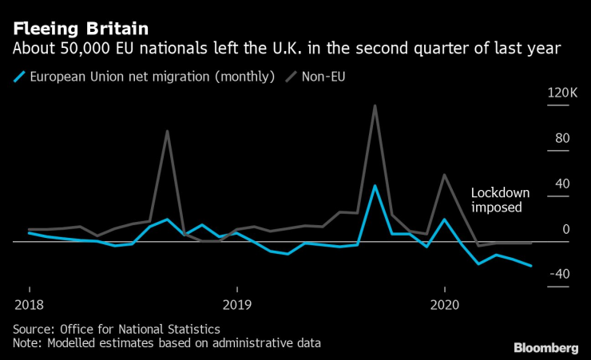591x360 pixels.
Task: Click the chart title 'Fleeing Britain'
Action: [80, 28]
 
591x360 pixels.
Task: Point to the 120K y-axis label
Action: [562, 94]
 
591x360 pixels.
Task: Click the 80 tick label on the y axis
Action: [562, 139]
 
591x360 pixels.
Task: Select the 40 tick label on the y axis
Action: [562, 184]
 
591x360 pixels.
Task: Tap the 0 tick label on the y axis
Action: [565, 229]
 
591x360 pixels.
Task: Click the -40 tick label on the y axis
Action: [559, 274]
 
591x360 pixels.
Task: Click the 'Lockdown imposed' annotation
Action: [496, 200]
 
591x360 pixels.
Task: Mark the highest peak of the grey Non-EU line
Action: [375, 105]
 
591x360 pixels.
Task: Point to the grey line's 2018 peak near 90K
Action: [167, 131]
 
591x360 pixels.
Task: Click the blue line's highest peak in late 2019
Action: [375, 186]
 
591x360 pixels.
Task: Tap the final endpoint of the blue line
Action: [531, 266]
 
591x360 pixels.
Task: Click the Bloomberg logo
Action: [545, 347]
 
